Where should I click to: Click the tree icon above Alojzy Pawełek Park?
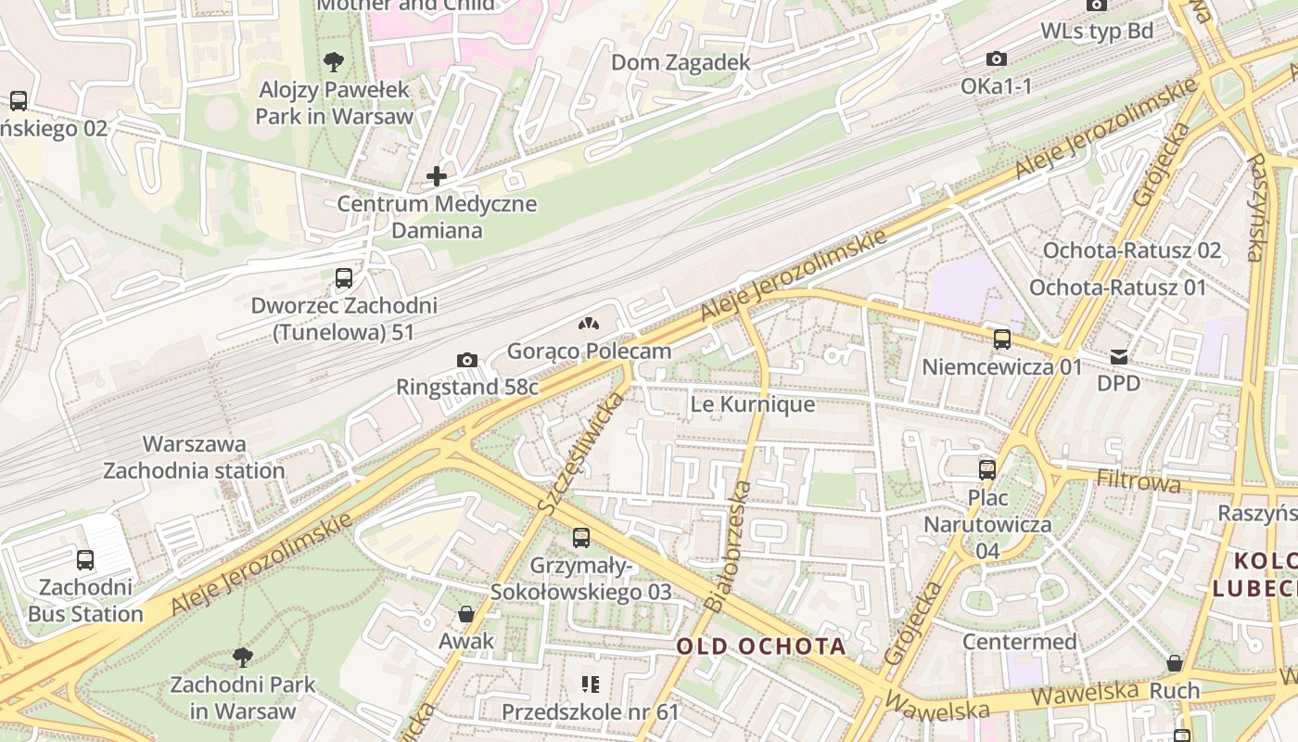tap(334, 62)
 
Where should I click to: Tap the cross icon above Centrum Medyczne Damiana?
tap(437, 175)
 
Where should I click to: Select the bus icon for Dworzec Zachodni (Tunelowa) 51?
tap(343, 277)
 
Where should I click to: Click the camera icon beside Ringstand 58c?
tap(467, 360)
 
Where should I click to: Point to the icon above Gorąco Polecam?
tap(588, 324)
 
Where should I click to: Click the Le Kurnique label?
tap(753, 404)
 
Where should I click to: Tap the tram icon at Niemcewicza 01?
tap(1001, 339)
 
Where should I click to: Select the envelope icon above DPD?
tap(1119, 356)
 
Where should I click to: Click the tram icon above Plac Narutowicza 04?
tap(986, 469)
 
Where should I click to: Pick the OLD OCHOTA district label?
tap(760, 646)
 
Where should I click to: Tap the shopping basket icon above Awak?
tap(466, 614)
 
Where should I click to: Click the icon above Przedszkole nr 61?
tap(591, 685)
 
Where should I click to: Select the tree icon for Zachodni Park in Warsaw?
tap(242, 658)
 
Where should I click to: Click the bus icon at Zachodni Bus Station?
tap(85, 559)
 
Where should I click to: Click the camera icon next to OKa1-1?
tap(997, 58)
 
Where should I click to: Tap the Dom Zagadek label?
tap(681, 62)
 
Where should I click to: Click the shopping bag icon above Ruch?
tap(1175, 663)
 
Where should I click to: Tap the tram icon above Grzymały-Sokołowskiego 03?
tap(581, 537)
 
